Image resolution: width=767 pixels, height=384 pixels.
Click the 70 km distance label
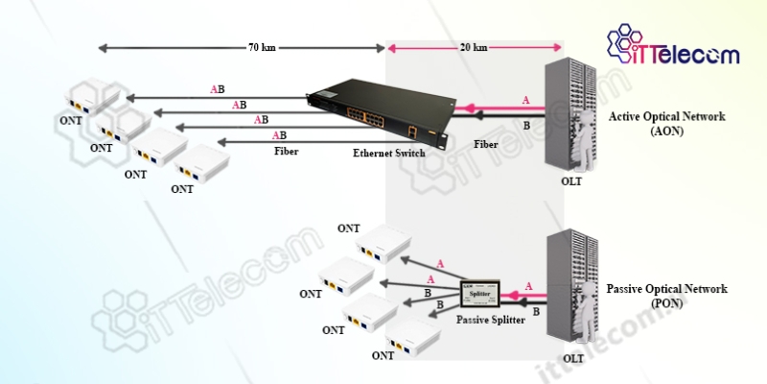[261, 46]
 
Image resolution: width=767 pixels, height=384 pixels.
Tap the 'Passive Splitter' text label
[490, 320]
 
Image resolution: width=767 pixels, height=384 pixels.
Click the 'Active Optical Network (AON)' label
[667, 124]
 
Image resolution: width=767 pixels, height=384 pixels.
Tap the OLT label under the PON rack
[572, 358]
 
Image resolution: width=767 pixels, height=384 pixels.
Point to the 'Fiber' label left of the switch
[286, 152]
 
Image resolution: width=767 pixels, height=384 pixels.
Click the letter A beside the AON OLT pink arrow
[525, 100]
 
